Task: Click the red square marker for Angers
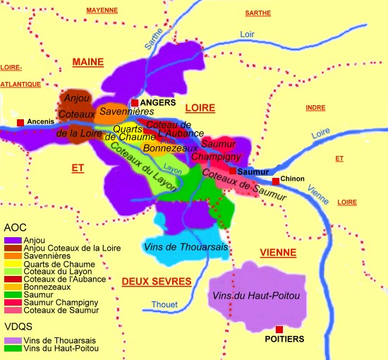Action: pyautogui.click(x=135, y=103)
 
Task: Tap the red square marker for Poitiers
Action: pyautogui.click(x=279, y=329)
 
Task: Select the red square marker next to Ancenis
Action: pyautogui.click(x=20, y=123)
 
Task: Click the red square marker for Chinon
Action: pyautogui.click(x=277, y=180)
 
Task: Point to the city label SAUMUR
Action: pyautogui.click(x=254, y=172)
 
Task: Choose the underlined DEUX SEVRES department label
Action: pyautogui.click(x=157, y=282)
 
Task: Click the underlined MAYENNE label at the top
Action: pyautogui.click(x=102, y=11)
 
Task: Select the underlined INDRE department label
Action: pyautogui.click(x=315, y=107)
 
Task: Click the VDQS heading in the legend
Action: pyautogui.click(x=18, y=326)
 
